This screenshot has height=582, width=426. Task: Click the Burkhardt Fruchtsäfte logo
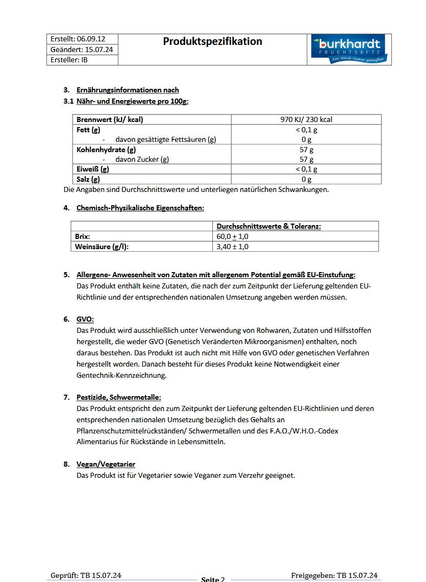pos(349,49)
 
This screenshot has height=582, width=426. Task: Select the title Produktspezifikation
pos(212,41)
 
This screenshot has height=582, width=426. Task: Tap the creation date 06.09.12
pos(91,39)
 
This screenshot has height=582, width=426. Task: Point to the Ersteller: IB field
pos(69,60)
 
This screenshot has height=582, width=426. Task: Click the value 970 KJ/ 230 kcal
pos(306,119)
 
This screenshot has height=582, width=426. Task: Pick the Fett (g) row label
pos(88,130)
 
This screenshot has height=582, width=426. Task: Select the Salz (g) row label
pos(88,179)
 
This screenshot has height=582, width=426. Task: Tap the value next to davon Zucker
pos(306,159)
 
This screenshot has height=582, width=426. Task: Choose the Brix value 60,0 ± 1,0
pos(233,237)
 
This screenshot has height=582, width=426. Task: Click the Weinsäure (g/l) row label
pos(102,247)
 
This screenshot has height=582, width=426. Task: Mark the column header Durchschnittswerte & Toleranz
pos(269,226)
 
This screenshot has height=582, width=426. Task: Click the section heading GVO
pos(85,319)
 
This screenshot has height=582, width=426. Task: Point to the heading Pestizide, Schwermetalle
pos(118,397)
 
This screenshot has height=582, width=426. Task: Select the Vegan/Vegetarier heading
pos(106,464)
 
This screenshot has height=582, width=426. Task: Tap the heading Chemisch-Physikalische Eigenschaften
pos(140,208)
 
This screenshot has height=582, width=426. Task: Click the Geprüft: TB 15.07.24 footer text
pos(86,575)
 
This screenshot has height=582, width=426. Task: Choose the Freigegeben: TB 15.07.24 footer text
pos(334,575)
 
